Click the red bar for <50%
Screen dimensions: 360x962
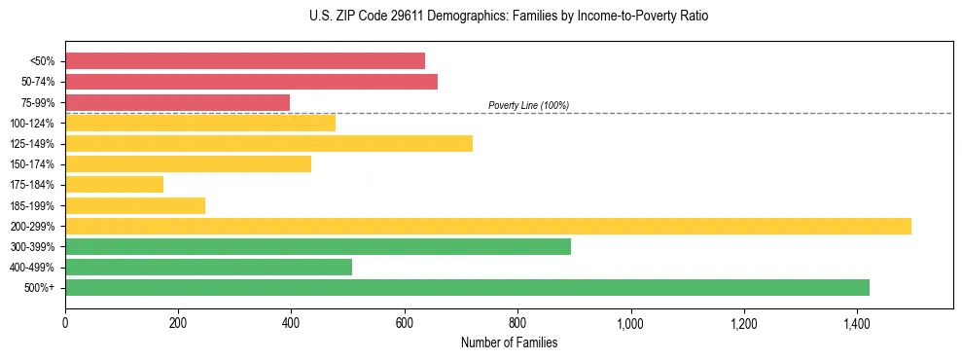tap(245, 61)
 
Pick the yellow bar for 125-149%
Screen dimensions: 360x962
tap(268, 144)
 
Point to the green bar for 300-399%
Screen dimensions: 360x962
tap(318, 247)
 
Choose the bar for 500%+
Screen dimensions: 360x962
tap(467, 288)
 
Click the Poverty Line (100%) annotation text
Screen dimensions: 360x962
tap(528, 105)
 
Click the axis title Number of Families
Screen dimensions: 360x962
tap(509, 342)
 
